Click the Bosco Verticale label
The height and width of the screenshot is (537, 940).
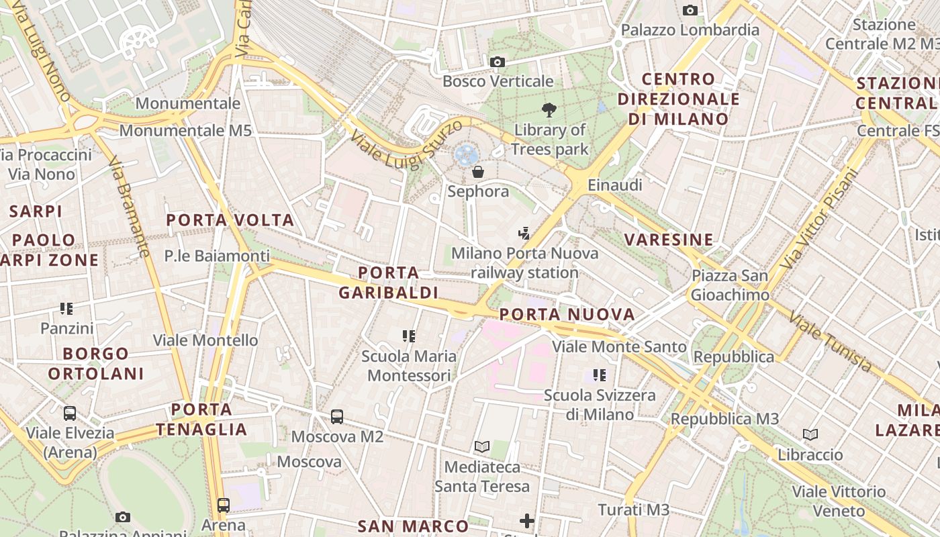(498, 81)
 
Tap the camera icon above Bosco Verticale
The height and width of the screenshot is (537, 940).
(498, 62)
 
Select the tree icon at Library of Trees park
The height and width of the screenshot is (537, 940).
(549, 110)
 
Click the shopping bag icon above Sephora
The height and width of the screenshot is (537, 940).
(478, 172)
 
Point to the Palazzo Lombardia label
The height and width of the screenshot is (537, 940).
(690, 30)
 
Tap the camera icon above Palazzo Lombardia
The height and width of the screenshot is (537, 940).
(690, 11)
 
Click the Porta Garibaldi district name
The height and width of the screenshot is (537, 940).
(388, 283)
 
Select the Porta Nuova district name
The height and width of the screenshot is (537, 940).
(567, 314)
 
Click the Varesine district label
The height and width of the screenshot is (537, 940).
(668, 240)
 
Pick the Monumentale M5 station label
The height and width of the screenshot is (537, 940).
(185, 130)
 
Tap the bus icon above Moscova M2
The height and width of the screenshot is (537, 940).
(337, 417)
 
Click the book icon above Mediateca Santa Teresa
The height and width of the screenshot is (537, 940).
(482, 446)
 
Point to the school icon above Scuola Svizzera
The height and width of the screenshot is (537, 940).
(600, 375)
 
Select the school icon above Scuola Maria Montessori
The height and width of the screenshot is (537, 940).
(409, 336)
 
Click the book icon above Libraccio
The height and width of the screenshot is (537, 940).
(810, 435)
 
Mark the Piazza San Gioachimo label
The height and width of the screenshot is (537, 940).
(730, 285)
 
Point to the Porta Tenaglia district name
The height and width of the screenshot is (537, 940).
(201, 419)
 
